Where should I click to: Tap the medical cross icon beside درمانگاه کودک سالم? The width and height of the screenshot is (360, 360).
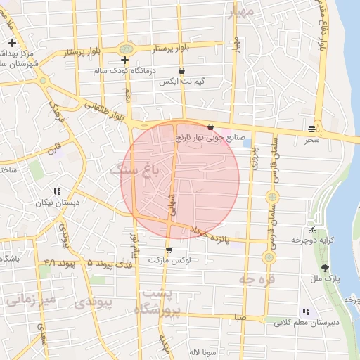[x=125, y=60]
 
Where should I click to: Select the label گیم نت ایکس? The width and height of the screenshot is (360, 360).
[x=183, y=82]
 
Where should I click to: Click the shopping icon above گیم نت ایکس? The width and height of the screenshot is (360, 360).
[x=183, y=71]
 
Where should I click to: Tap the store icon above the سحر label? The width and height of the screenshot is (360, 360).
[x=311, y=128]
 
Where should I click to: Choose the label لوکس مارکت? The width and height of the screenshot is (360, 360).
[x=169, y=260]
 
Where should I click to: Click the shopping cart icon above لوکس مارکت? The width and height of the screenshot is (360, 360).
[x=168, y=250]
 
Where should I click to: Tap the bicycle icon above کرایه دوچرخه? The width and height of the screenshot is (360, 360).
[x=312, y=230]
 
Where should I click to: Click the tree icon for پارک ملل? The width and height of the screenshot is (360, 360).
[x=324, y=268]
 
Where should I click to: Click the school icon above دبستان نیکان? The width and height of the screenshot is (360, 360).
[x=57, y=191]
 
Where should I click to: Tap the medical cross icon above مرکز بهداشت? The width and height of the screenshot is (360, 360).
[x=13, y=44]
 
